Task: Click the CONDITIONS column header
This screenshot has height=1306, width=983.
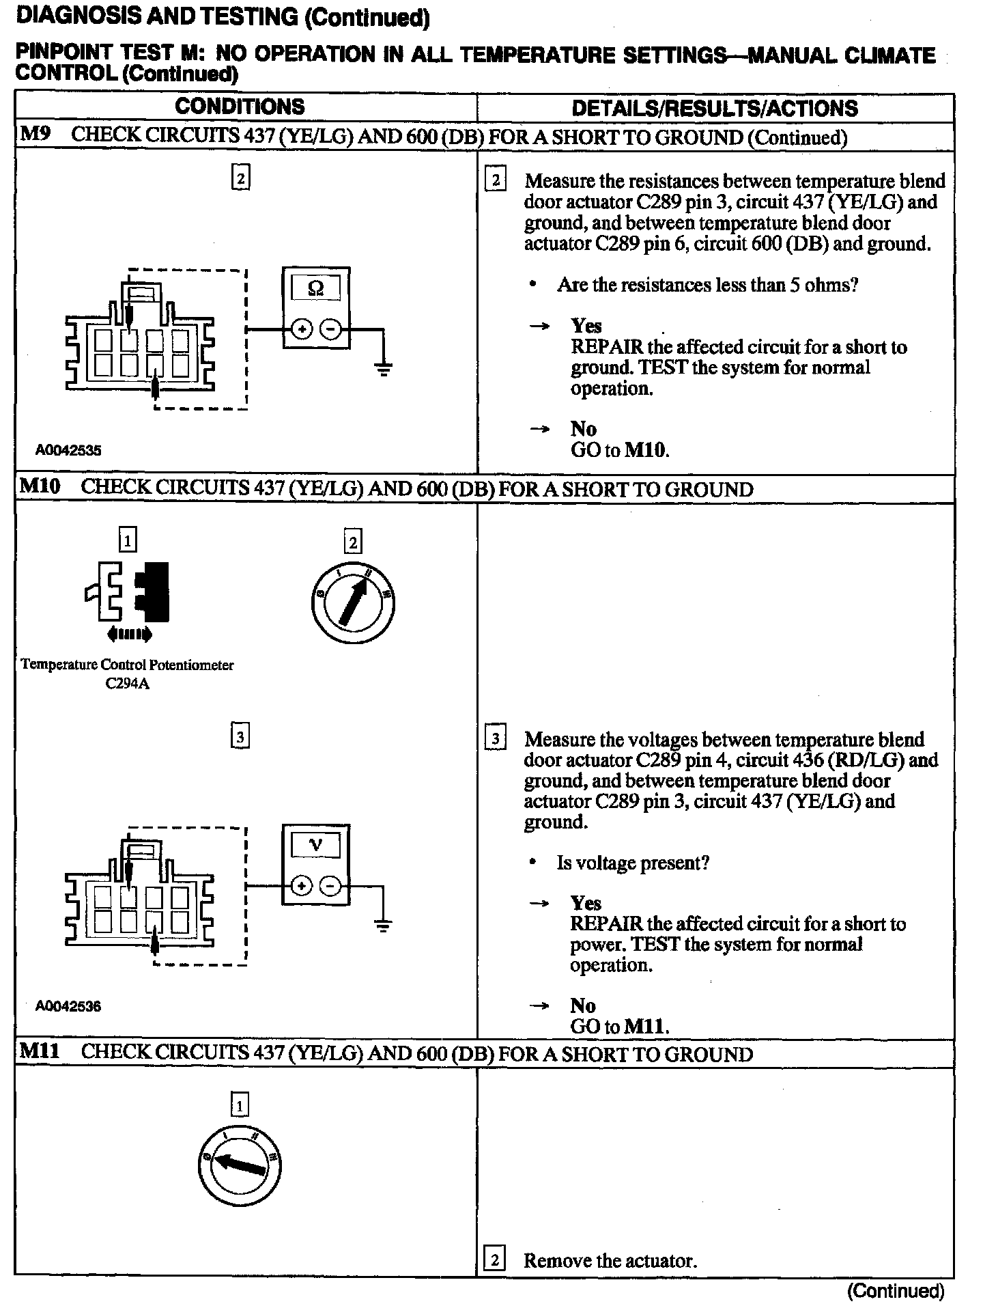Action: click(240, 107)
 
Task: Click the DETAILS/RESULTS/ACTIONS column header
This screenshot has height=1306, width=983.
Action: click(714, 109)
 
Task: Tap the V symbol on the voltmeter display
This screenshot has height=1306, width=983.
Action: click(315, 846)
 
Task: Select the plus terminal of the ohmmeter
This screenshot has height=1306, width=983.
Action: click(302, 330)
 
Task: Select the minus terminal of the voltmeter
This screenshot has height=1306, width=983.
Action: click(330, 887)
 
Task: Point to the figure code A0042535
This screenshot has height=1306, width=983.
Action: click(68, 450)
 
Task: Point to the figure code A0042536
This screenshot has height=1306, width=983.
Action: click(68, 1006)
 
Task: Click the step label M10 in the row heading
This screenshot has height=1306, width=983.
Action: click(40, 487)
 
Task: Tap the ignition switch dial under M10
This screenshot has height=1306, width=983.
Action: click(352, 604)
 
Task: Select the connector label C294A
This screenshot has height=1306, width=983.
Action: click(127, 684)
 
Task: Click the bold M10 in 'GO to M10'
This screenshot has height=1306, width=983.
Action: click(646, 450)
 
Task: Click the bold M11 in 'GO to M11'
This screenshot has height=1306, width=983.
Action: click(646, 1027)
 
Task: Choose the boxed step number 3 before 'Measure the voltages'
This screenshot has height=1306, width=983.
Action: click(495, 739)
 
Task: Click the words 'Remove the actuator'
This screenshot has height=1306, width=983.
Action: click(610, 1261)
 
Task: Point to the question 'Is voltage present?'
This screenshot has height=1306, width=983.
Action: click(633, 863)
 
